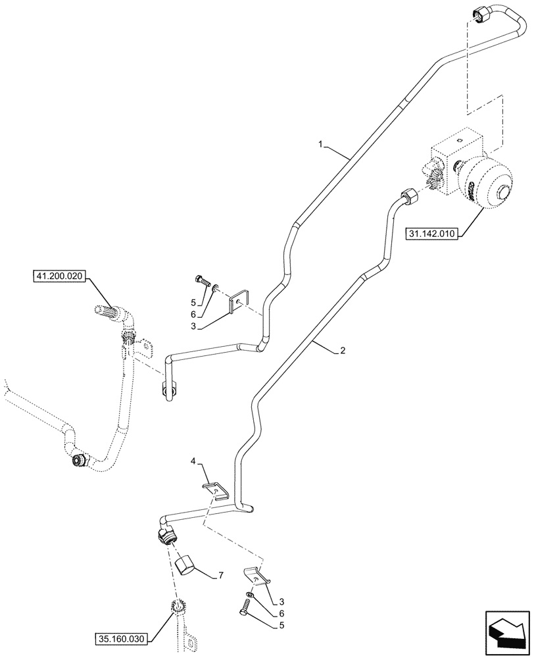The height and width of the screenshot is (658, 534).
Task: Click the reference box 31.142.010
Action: [x=431, y=233]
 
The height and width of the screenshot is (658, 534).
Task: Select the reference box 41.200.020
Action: [x=57, y=277]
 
